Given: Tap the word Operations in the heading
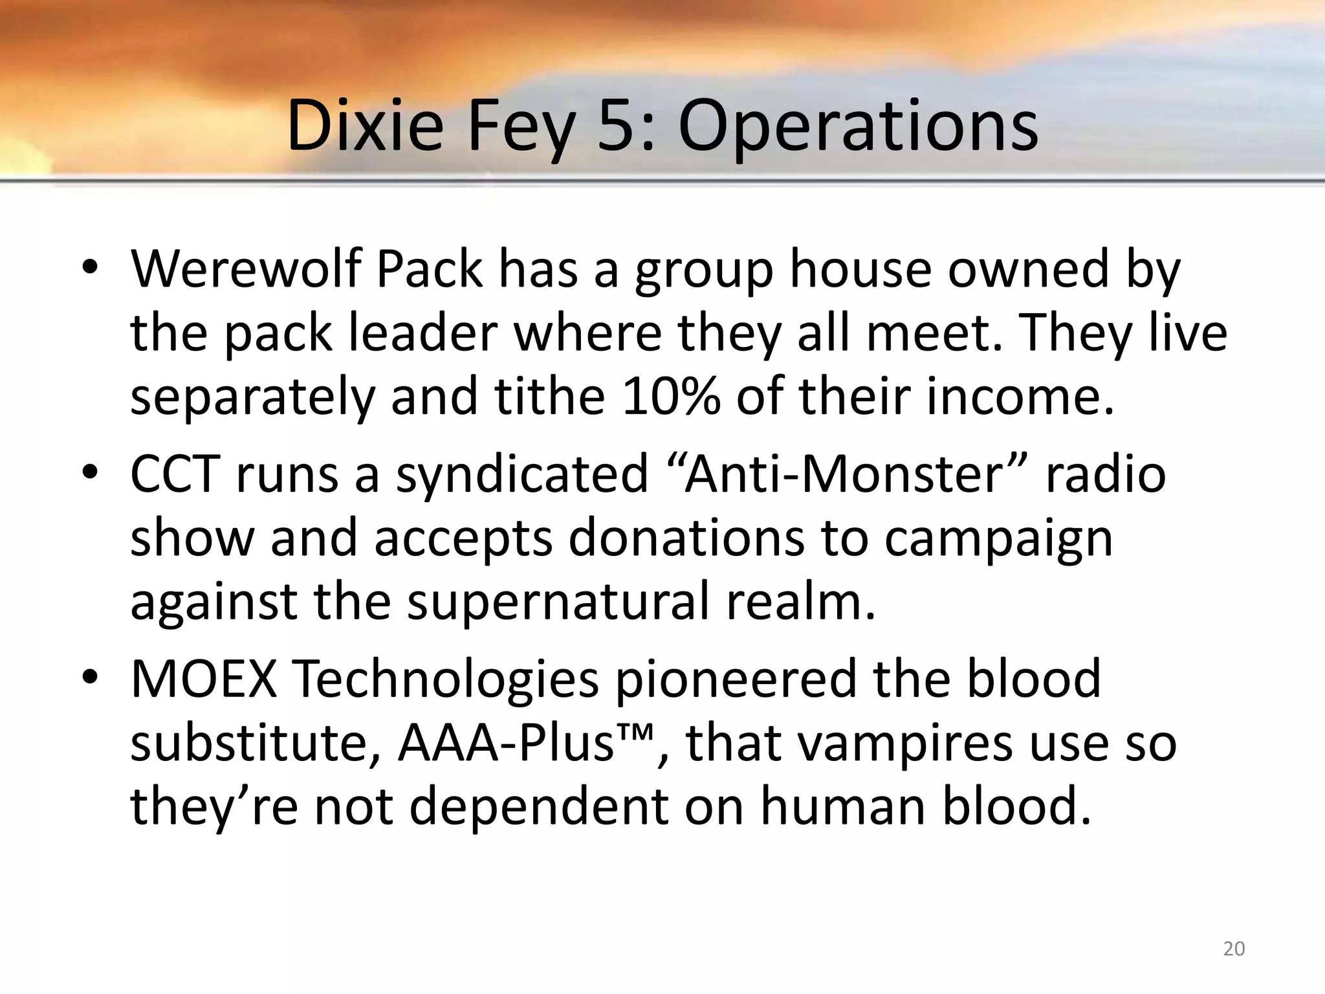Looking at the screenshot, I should pos(858,127).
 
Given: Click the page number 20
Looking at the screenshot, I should pos(1234,949).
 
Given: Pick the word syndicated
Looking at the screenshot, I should pos(521,475).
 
